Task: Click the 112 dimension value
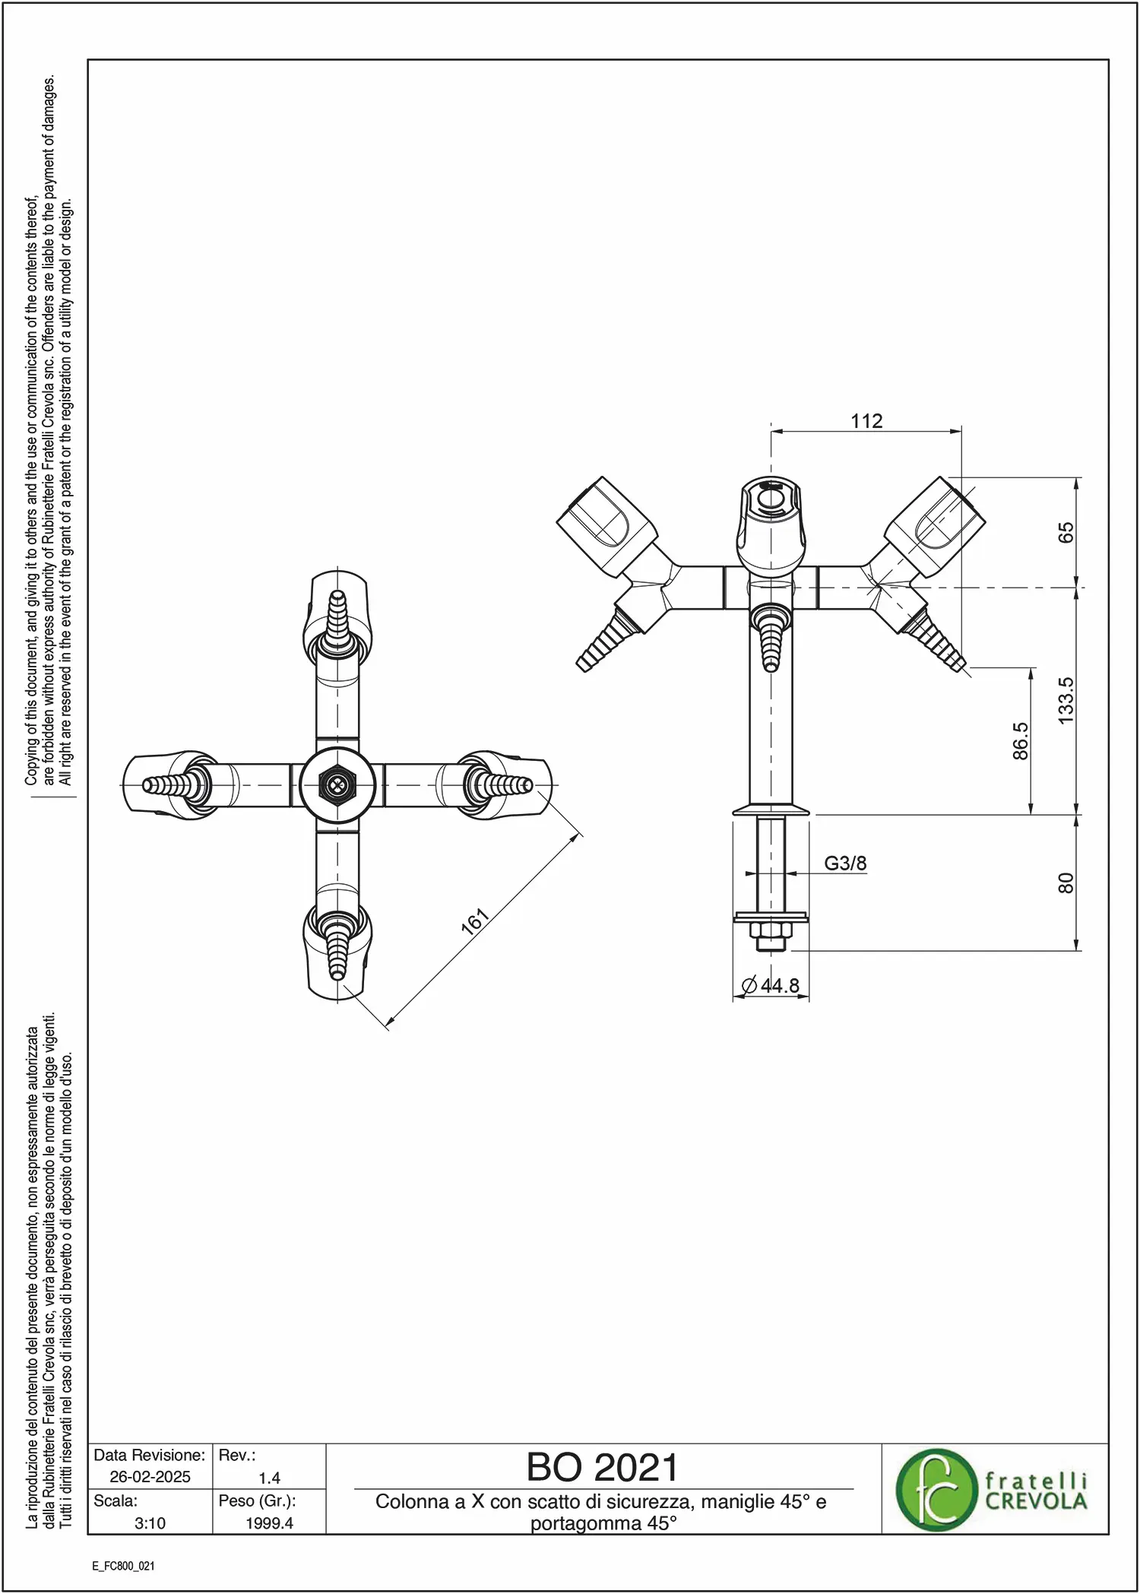tap(866, 421)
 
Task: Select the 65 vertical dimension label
tap(1066, 532)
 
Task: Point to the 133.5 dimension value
tap(1066, 700)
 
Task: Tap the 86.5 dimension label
tap(1020, 741)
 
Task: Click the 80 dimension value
tap(1066, 883)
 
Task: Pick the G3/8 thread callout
tap(845, 864)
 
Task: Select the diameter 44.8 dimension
tap(771, 986)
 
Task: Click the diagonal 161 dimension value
tap(474, 921)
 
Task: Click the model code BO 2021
tap(602, 1468)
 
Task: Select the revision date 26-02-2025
tap(150, 1477)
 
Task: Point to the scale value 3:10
tap(150, 1523)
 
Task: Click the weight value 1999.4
tap(269, 1523)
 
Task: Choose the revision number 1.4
tap(269, 1478)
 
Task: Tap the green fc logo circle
tap(936, 1490)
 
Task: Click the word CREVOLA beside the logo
tap(1036, 1501)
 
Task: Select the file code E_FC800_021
tap(123, 1566)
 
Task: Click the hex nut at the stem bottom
tap(771, 931)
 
